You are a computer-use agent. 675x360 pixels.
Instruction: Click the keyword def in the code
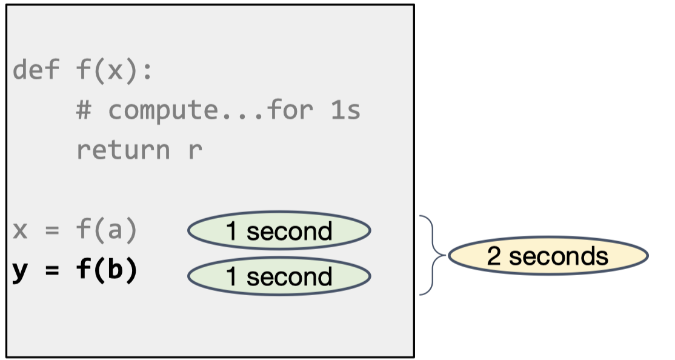[x=36, y=71]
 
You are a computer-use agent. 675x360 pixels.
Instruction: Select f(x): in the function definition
[x=115, y=71]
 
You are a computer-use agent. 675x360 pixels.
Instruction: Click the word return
[x=123, y=150]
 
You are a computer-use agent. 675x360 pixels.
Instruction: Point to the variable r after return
[x=195, y=150]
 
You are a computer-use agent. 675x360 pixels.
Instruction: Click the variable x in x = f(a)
[x=20, y=231]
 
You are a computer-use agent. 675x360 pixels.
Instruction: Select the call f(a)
[x=107, y=230]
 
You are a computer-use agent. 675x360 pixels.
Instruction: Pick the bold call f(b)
[x=107, y=270]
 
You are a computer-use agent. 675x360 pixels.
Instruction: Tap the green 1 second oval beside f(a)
[x=279, y=231]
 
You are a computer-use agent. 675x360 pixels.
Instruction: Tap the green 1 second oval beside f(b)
[x=279, y=276]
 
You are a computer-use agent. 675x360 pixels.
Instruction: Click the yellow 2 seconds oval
[x=547, y=256]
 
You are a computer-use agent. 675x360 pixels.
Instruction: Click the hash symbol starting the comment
[x=83, y=110]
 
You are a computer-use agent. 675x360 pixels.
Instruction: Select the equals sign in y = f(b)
[x=52, y=271]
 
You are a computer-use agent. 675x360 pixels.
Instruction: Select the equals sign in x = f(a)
[x=52, y=231]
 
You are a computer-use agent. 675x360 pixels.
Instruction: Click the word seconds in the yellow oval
[x=558, y=256]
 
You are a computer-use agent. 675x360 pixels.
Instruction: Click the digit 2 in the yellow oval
[x=494, y=256]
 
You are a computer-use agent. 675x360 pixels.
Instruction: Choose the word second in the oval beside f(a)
[x=290, y=231]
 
